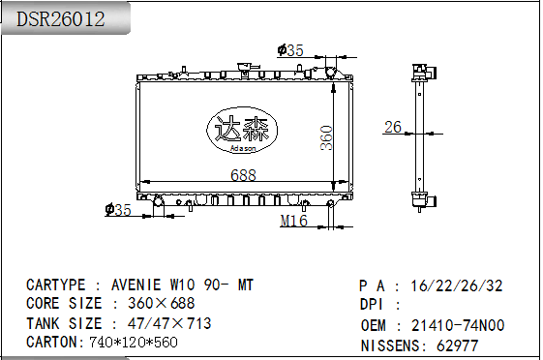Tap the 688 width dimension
click(243, 175)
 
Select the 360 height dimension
click(326, 138)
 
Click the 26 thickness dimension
click(393, 127)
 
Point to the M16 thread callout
click(293, 222)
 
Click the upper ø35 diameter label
click(290, 50)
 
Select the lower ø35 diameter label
click(117, 209)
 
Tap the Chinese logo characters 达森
click(243, 129)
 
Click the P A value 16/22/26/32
click(456, 285)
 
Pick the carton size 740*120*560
click(133, 342)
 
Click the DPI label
click(374, 305)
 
